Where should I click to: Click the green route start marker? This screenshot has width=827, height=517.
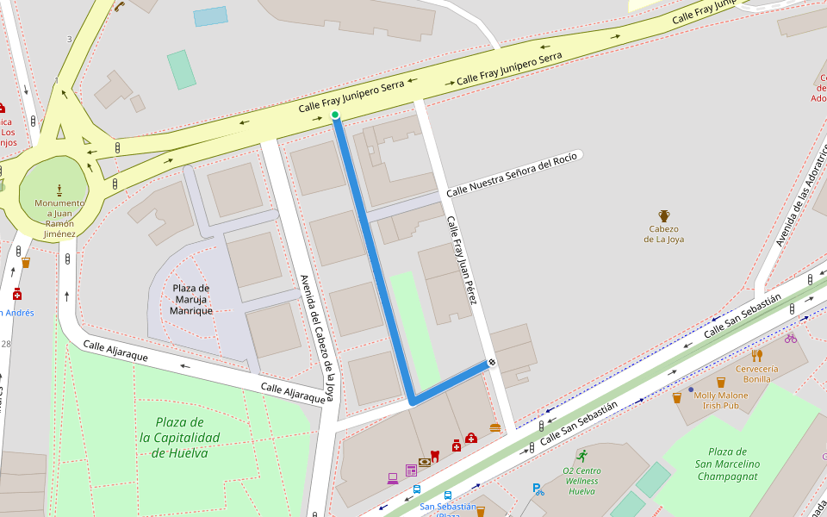tap(335, 115)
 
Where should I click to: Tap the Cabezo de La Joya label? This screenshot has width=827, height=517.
tap(663, 234)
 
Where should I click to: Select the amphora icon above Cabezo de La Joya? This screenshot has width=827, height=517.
tap(664, 215)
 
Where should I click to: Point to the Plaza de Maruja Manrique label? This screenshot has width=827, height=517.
tap(190, 299)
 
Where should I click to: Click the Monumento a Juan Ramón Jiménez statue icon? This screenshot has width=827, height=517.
tap(59, 189)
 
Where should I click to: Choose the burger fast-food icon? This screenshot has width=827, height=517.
tap(494, 427)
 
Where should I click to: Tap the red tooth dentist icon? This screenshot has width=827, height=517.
tap(434, 455)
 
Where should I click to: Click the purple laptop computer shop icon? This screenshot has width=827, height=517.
tap(393, 477)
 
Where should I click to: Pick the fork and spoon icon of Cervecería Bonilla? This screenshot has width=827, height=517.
tap(756, 355)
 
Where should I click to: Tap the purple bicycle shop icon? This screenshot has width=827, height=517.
tap(790, 338)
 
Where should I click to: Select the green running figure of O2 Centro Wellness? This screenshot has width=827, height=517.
tap(582, 455)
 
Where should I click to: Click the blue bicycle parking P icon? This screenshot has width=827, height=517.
tap(538, 489)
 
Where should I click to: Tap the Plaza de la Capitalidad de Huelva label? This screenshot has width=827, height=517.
tap(180, 438)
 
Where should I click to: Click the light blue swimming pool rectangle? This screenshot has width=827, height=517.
tap(210, 16)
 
